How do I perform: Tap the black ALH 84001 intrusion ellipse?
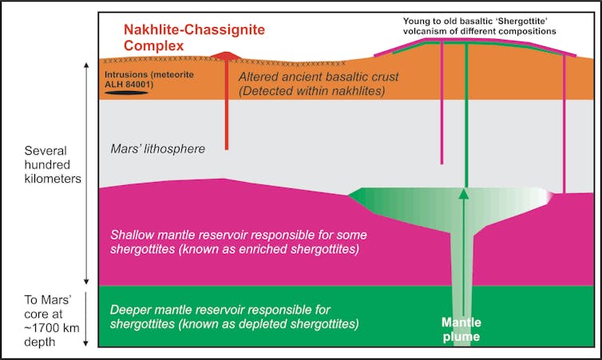tap(128, 93)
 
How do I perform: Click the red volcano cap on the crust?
tap(227, 56)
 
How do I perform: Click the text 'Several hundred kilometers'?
tap(53, 166)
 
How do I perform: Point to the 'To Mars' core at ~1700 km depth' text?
tap(50, 320)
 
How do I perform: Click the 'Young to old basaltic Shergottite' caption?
tap(479, 26)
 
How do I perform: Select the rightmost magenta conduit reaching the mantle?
tap(564, 128)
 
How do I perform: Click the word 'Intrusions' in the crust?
tap(129, 74)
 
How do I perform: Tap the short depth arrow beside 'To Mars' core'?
tap(85, 319)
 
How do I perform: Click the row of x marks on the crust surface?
tap(160, 61)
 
